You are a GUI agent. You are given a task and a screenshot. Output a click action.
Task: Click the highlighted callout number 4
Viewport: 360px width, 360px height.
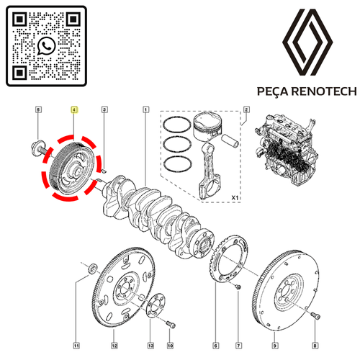coord(74,109)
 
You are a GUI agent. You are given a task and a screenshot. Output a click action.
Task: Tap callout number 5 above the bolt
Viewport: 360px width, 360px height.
coord(38,109)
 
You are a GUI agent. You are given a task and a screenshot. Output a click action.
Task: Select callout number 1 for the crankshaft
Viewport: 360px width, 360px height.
coord(146,109)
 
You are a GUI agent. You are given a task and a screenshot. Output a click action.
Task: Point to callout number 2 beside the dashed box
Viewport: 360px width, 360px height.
coord(246,109)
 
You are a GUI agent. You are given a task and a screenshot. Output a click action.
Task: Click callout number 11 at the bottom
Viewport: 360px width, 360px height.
coord(76,346)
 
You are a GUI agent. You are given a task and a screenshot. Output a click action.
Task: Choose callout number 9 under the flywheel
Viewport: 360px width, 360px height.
coord(275,346)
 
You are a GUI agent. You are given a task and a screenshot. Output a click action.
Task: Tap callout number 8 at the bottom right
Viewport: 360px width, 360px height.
coord(315,346)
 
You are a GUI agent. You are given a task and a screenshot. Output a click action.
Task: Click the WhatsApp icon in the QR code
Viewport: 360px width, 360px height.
coord(46,46)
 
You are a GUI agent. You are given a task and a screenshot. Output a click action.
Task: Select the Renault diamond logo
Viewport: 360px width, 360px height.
coord(307,42)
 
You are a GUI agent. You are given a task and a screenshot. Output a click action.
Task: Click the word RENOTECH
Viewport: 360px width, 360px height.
coord(325,91)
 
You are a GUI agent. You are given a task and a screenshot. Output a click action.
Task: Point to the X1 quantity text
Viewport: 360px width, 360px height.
coord(235,198)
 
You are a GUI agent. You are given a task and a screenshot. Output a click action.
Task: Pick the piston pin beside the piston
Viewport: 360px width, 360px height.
coord(230,140)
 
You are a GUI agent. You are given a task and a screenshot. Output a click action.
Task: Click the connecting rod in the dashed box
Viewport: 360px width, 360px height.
coord(210,171)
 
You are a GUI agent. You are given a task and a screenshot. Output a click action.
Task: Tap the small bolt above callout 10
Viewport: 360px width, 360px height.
coord(171,325)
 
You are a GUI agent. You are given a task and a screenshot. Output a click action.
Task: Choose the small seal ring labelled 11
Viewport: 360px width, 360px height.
coord(93,269)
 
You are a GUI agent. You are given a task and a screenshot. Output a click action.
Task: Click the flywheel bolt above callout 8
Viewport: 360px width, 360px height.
coord(315,315)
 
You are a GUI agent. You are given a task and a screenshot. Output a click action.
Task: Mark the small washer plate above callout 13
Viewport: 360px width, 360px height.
coord(156,305)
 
